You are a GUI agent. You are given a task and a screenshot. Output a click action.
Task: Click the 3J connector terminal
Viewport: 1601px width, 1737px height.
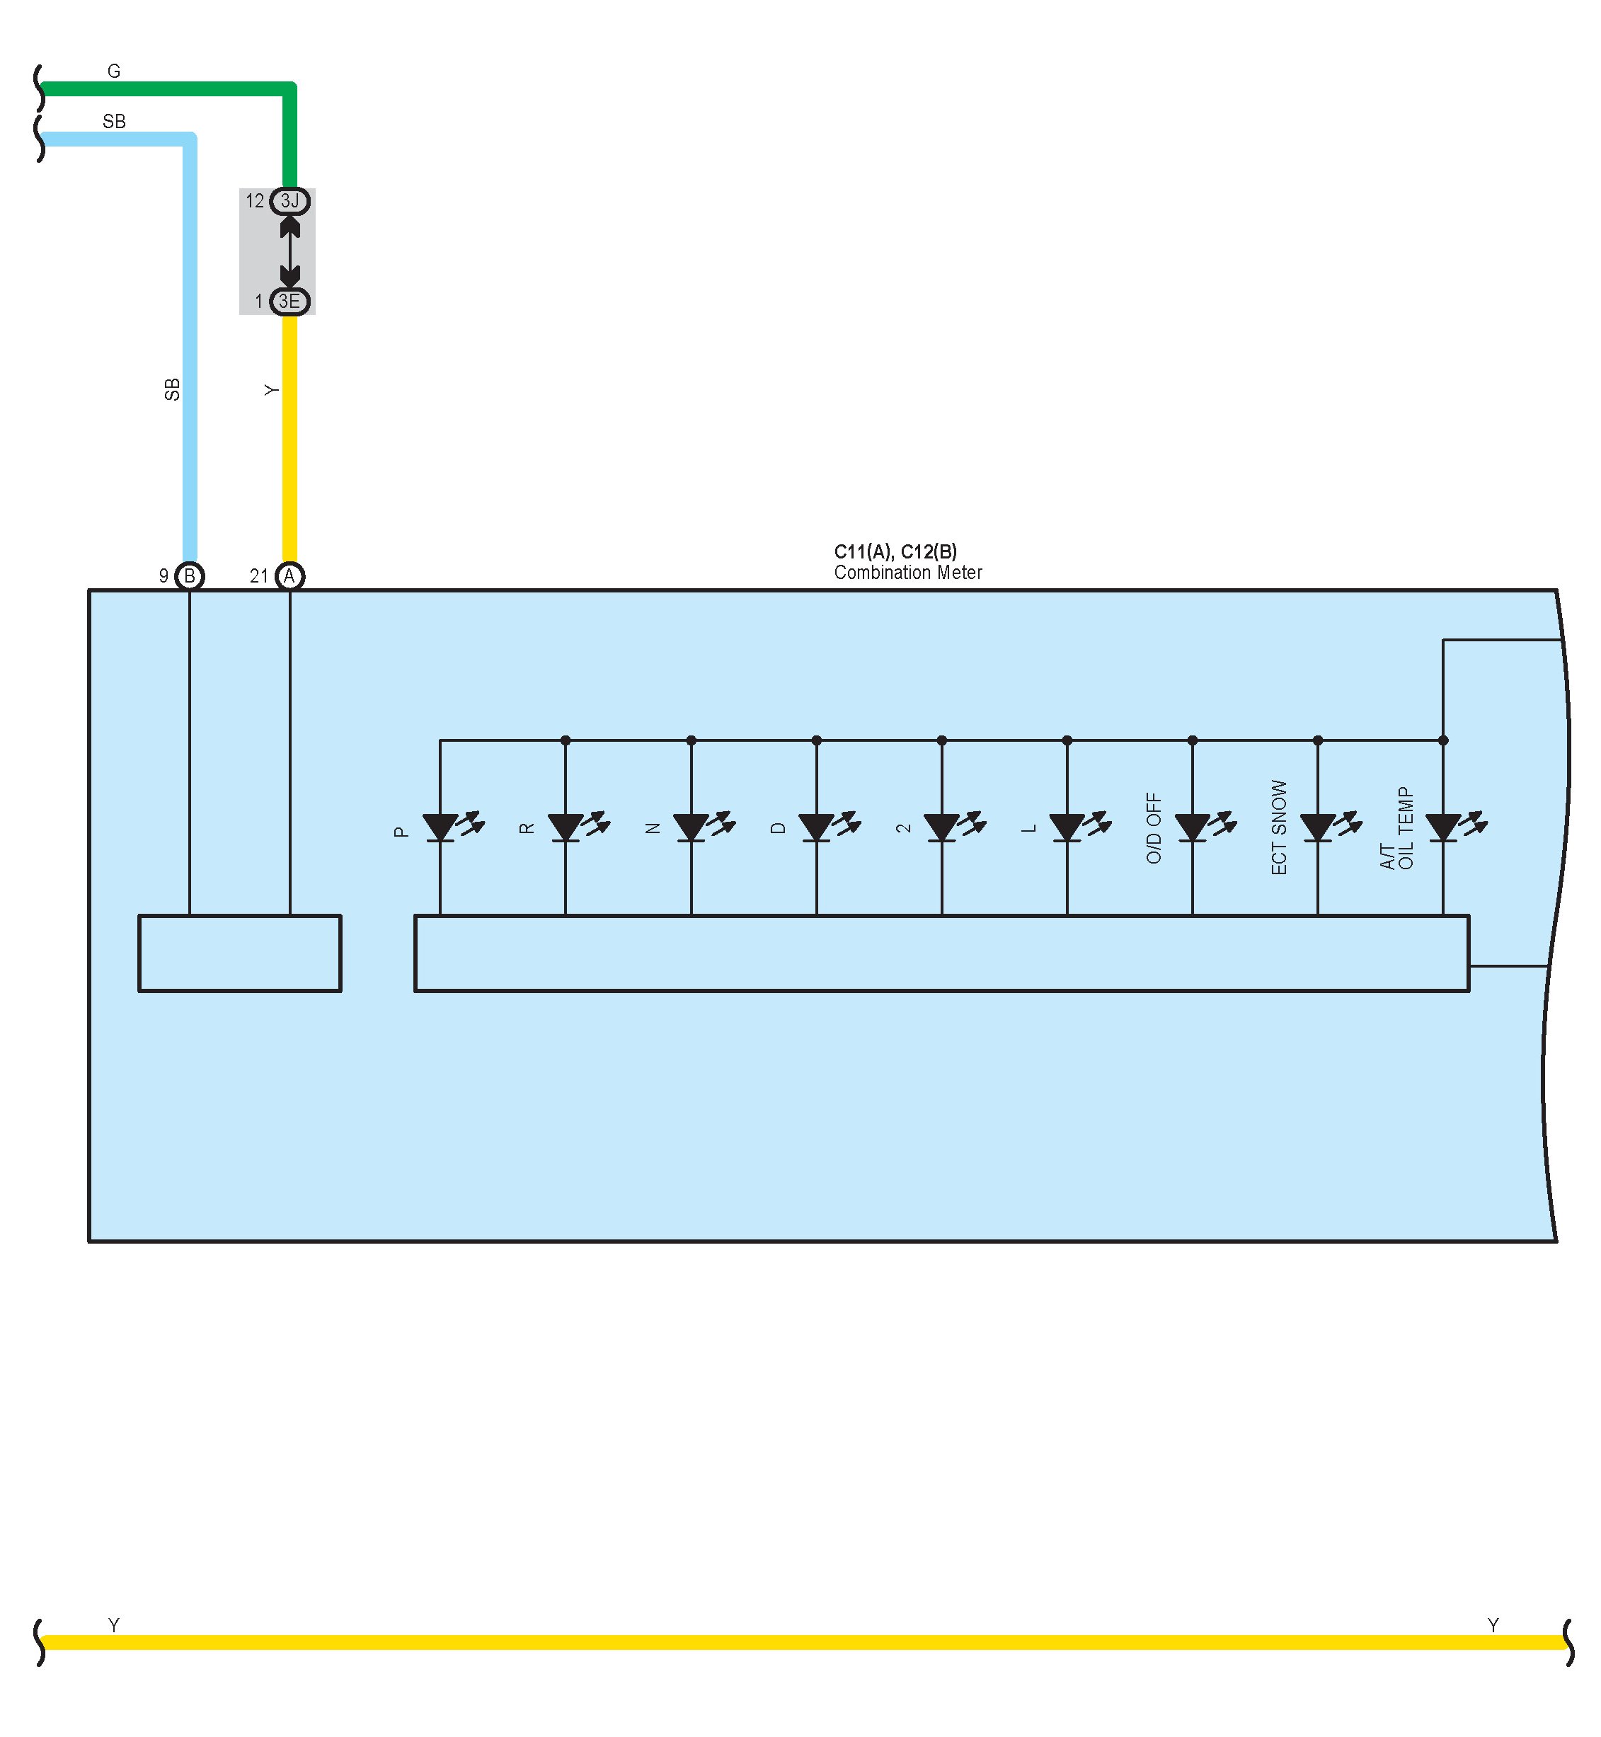pyautogui.click(x=289, y=201)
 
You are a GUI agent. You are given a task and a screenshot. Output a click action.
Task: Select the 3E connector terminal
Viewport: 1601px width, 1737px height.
pyautogui.click(x=289, y=302)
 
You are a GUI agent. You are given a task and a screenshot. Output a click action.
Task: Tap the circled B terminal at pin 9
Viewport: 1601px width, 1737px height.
pyautogui.click(x=190, y=576)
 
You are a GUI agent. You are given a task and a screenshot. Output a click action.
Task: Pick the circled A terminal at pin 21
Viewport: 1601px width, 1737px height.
pyautogui.click(x=289, y=576)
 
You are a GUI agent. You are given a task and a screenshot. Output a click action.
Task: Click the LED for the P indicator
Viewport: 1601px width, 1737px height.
pyautogui.click(x=440, y=827)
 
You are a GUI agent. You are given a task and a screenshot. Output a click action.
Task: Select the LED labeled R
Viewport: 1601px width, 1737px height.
pyautogui.click(x=566, y=827)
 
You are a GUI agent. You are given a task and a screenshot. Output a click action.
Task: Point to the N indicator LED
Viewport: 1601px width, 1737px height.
pyautogui.click(x=692, y=827)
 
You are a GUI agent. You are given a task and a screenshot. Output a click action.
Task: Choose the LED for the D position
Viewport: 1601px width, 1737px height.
pyautogui.click(x=816, y=827)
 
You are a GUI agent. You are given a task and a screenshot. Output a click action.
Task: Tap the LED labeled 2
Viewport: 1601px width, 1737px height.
pyautogui.click(x=942, y=827)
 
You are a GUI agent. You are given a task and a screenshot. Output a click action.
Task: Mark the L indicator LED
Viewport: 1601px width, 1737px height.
pyautogui.click(x=1067, y=827)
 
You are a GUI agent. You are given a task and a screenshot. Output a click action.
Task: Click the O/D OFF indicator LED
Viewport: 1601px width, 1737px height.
pyautogui.click(x=1192, y=827)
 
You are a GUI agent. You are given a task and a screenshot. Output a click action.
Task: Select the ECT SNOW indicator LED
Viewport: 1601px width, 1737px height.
pyautogui.click(x=1318, y=827)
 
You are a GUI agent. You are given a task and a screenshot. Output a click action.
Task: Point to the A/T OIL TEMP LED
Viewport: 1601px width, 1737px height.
pyautogui.click(x=1442, y=827)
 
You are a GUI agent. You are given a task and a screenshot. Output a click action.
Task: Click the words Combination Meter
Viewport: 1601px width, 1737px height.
pyautogui.click(x=908, y=573)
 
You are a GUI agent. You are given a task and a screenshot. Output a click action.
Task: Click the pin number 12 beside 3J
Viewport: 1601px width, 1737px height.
pyautogui.click(x=255, y=201)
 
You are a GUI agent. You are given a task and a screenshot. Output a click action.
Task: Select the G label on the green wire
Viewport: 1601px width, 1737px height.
pyautogui.click(x=113, y=71)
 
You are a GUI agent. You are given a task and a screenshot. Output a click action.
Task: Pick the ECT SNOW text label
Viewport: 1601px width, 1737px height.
pyautogui.click(x=1279, y=827)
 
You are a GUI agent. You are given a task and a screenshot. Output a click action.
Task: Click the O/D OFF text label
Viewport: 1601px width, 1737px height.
pyautogui.click(x=1154, y=827)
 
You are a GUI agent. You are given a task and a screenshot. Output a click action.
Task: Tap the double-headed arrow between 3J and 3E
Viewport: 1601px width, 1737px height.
pyautogui.click(x=290, y=251)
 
